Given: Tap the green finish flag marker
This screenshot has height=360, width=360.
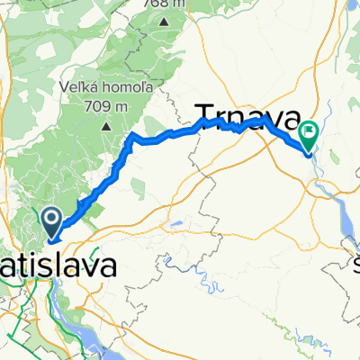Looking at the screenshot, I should pyautogui.click(x=310, y=136).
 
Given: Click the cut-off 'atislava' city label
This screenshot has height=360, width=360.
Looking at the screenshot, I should pyautogui.click(x=58, y=266).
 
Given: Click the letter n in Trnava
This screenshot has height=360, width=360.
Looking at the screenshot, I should pyautogui.click(x=237, y=113).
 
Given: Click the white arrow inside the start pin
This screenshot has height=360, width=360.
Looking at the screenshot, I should pyautogui.click(x=51, y=217).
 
